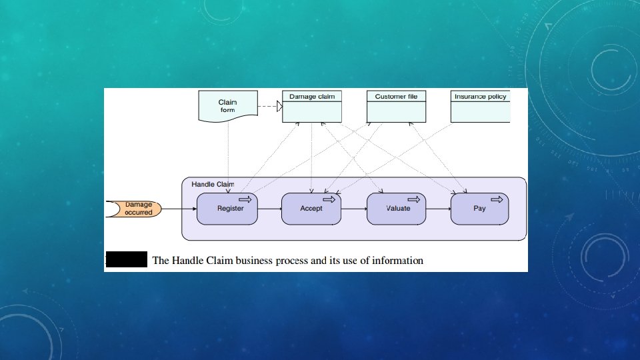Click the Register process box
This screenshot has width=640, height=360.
[227, 209]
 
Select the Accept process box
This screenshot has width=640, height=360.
[311, 209]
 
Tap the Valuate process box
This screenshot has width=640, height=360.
[396, 209]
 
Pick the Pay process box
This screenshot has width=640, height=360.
[479, 209]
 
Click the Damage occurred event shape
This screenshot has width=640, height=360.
[134, 209]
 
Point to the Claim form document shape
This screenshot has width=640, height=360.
[228, 106]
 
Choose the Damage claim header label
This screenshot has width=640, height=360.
[312, 96]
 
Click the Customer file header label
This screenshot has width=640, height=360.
[396, 96]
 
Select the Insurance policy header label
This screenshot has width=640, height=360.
[480, 96]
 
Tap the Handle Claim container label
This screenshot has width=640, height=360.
[213, 184]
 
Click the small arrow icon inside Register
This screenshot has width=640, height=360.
[245, 199]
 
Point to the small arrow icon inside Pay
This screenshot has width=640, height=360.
[497, 199]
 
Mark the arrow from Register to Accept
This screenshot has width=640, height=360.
[269, 209]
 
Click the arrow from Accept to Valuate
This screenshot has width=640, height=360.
[354, 209]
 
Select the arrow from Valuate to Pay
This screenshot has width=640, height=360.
[438, 209]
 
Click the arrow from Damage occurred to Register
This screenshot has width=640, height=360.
[179, 209]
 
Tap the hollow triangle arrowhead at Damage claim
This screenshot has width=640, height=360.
[279, 107]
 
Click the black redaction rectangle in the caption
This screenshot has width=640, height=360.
[127, 259]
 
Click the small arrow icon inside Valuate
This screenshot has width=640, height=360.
[413, 199]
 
